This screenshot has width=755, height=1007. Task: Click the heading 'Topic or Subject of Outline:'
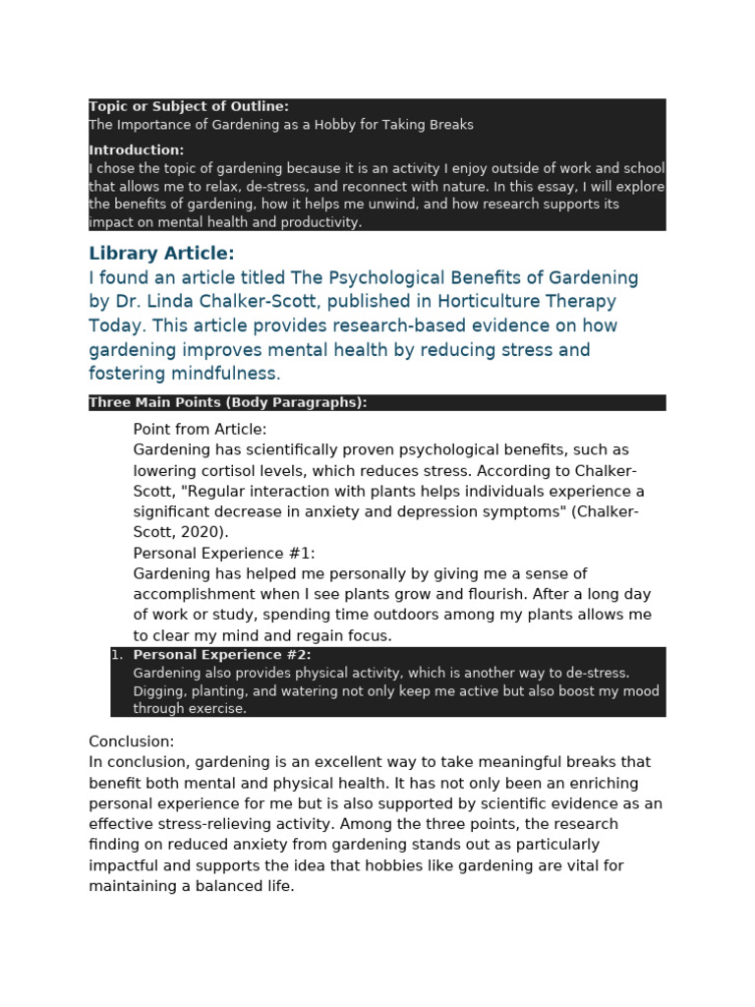click(x=189, y=106)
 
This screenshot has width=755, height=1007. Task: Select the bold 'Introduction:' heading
click(x=137, y=150)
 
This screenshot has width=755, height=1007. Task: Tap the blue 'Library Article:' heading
click(x=161, y=254)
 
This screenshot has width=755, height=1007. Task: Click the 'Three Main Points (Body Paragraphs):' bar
click(x=228, y=402)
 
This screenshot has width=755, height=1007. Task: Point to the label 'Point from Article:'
click(x=200, y=430)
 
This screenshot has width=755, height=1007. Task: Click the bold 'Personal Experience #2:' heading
click(x=222, y=655)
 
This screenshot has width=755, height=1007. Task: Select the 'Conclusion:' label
click(x=132, y=741)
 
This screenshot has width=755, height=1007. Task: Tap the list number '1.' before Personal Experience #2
click(x=117, y=655)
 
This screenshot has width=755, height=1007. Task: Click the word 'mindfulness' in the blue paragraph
click(x=226, y=374)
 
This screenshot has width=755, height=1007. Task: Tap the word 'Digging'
click(x=157, y=691)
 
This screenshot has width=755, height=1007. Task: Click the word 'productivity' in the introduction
click(x=319, y=222)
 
